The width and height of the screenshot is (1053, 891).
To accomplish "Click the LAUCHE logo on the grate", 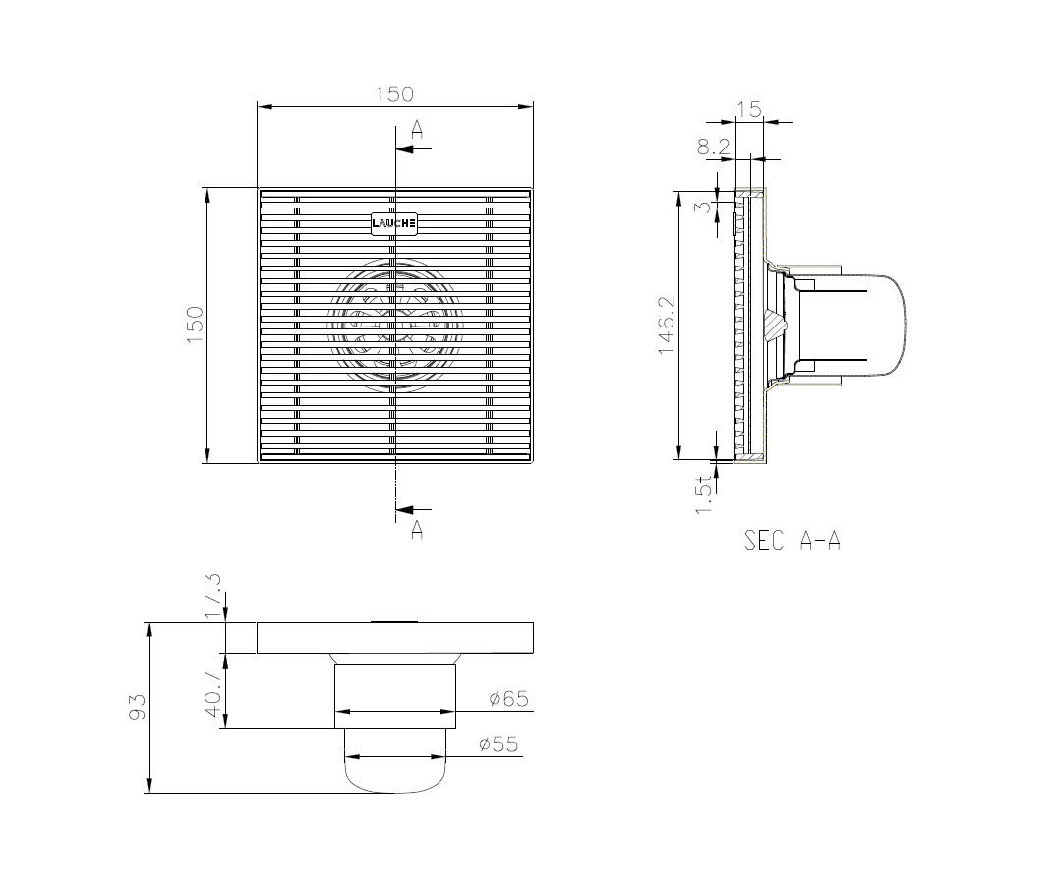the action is pos(394,224).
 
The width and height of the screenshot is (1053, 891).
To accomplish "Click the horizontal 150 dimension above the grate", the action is pos(394,94).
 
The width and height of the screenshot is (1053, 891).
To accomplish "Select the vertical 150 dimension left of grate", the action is pos(195,326).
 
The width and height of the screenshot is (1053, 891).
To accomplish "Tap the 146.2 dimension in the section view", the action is pos(667,326).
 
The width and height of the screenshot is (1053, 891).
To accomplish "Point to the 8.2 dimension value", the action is pos(713,147).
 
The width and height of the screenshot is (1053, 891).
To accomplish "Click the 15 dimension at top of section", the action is pos(749,109).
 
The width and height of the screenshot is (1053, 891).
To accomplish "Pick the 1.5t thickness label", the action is pos(703,495).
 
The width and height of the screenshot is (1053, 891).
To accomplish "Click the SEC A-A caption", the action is pos(792,540).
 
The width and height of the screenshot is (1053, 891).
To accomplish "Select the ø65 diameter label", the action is pos(509,699).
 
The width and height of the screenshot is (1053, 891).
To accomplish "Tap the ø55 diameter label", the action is pos(498,744).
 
